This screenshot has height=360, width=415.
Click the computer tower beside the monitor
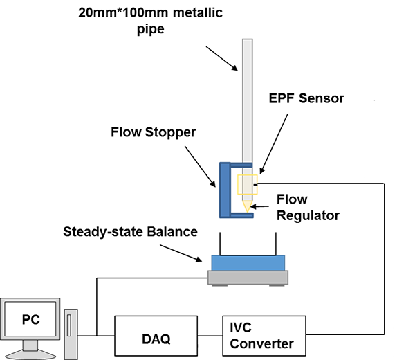coord(72,330)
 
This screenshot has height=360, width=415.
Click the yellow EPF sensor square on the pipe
coord(248,185)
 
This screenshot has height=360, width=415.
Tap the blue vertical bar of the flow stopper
coord(224,189)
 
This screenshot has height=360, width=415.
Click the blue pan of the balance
coord(248,263)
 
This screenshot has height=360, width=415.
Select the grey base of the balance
coord(248,278)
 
